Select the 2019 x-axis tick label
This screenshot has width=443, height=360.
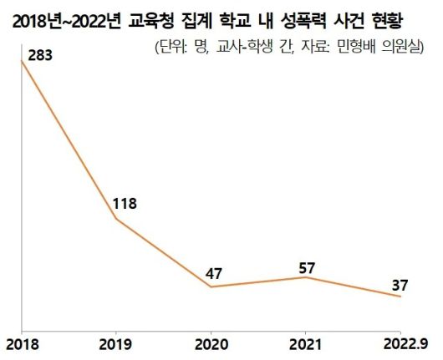pos(115,343)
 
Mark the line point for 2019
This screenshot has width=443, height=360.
pos(115,219)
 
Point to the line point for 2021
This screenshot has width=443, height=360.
pos(307,276)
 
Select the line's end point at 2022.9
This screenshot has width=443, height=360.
pos(402,297)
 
